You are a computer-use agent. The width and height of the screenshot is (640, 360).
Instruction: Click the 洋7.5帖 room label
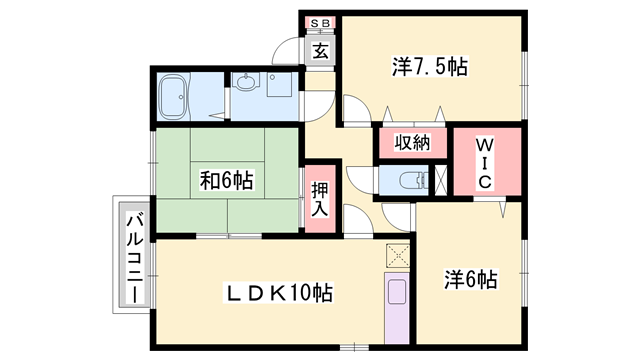pos(429,67)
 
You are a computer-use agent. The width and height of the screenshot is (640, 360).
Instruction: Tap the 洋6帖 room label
pos(470,279)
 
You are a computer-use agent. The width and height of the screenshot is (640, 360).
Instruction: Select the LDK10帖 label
pos(277,293)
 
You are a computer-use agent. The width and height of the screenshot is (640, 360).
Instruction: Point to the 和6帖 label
pos(226,181)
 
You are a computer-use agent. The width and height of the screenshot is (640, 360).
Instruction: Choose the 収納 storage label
pos(411,143)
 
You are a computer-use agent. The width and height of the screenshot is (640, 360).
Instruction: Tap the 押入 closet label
pos(319,198)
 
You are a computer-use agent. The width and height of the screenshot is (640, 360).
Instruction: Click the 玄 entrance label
pos(320,51)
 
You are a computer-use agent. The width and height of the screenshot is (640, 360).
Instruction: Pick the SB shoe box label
pos(320,22)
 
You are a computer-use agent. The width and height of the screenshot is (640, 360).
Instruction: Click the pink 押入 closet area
pos(318,199)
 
